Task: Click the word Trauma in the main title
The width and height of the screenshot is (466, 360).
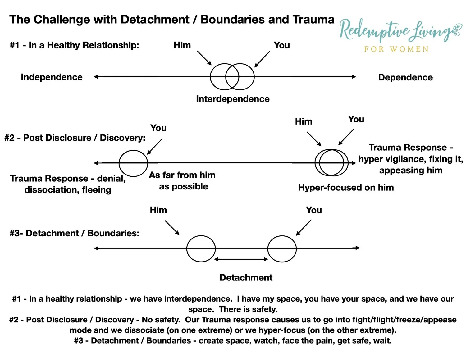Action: point(313,20)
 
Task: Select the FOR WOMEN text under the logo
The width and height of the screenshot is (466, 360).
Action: point(396,49)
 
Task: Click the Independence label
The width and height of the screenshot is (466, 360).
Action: point(52,77)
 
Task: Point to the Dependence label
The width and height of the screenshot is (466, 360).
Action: point(405,77)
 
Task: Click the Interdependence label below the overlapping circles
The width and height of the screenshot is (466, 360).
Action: point(233,99)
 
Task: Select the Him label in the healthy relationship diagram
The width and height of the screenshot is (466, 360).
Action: point(182,45)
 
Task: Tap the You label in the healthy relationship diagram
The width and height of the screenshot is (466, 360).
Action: point(281,45)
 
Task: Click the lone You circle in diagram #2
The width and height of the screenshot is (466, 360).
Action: point(133,163)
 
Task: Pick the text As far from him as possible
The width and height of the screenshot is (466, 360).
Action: point(182,181)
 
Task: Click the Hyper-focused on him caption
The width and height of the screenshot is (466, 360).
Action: point(346,188)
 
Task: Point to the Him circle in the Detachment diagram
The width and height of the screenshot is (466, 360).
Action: point(201,248)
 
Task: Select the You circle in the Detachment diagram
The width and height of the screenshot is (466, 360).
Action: point(282,248)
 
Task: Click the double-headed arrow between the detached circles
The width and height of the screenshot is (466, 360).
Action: point(241,259)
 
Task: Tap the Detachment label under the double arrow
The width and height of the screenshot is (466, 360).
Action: point(246,277)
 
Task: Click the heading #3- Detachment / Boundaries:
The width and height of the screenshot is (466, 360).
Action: point(75,233)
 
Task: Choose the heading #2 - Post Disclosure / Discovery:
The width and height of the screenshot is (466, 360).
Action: point(75,138)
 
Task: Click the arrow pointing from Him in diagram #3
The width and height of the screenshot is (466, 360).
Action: point(172,228)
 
